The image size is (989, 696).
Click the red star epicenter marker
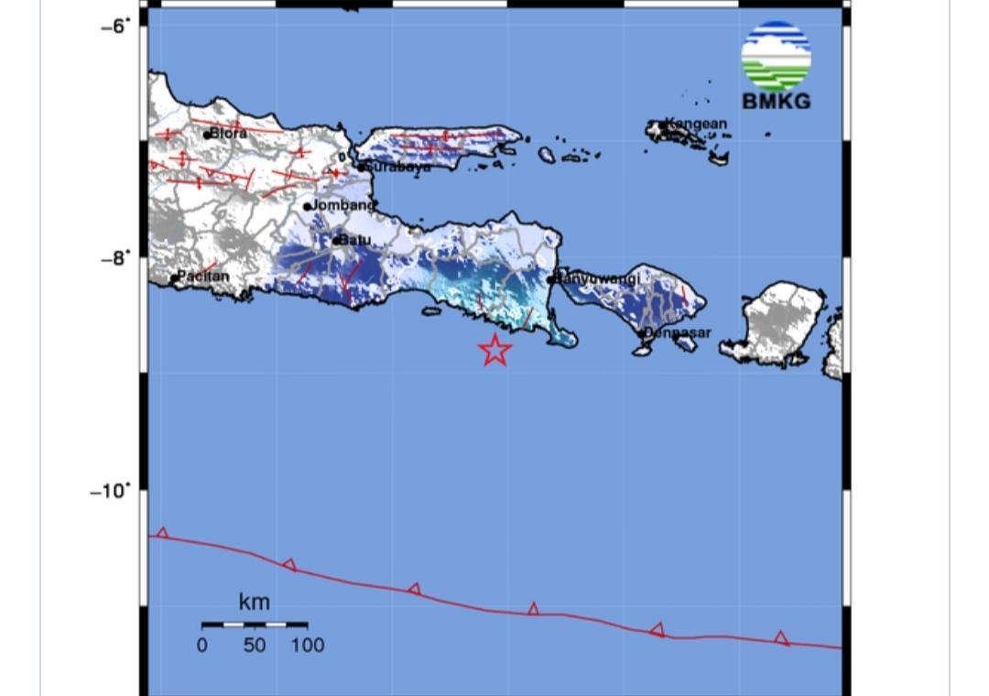pyautogui.click(x=494, y=350)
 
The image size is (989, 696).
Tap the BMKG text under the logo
pyautogui.click(x=776, y=102)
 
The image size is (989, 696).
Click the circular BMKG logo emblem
pyautogui.click(x=776, y=55)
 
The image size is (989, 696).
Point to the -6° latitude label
pyautogui.click(x=114, y=26)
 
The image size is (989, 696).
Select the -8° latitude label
pyautogui.click(x=114, y=258)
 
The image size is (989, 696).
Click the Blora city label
pyautogui.click(x=228, y=134)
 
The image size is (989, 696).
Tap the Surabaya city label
pyautogui.click(x=398, y=168)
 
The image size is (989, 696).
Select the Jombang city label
pyautogui.click(x=343, y=205)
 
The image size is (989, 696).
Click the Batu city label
pyautogui.click(x=355, y=240)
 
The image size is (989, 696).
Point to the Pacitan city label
pyautogui.click(x=203, y=276)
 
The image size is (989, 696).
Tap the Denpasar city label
pyautogui.click(x=679, y=332)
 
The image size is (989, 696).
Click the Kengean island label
pyautogui.click(x=696, y=124)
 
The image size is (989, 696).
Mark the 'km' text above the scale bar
pyautogui.click(x=254, y=602)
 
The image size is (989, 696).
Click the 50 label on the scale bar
pyautogui.click(x=254, y=645)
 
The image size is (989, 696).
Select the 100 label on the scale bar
pyautogui.click(x=308, y=645)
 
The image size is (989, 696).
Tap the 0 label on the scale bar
pyautogui.click(x=201, y=645)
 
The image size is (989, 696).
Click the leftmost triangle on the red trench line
pyautogui.click(x=163, y=533)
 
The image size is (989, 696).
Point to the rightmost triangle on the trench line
pyautogui.click(x=781, y=637)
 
